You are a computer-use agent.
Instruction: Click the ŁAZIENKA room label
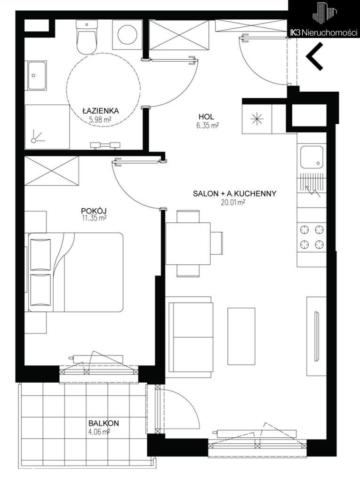pos(101,111)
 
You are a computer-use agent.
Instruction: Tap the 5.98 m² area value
pos(100,120)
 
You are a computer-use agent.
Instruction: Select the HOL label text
pos(206,117)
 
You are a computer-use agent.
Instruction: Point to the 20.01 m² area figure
pos(232,202)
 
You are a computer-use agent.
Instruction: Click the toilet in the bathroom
pos(87,37)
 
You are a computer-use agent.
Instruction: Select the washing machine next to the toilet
pos(127,34)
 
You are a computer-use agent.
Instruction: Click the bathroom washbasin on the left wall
pos(37,75)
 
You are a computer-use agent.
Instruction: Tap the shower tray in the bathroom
pos(47,127)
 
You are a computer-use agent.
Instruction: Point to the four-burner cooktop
pos(312,237)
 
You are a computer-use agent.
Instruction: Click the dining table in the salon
pos(188,244)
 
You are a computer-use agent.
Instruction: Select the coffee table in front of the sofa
pos(241,336)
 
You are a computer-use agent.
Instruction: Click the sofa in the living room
pos(189,337)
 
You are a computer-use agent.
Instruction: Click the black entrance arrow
pos(314,56)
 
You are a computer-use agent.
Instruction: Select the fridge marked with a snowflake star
pos(257,119)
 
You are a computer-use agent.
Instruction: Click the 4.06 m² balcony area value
pos(99,432)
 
